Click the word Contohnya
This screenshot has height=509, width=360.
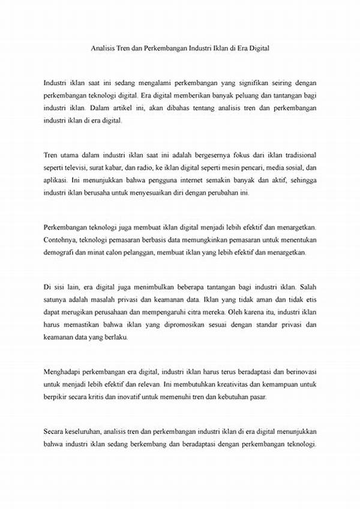62,239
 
